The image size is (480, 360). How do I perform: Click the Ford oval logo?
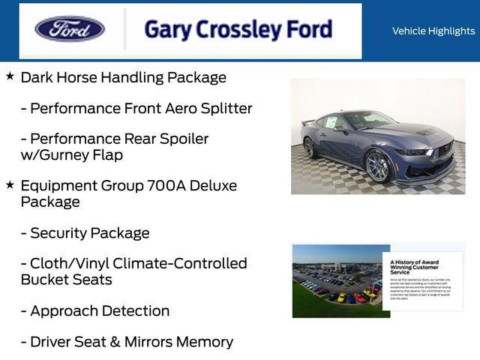click(70, 29)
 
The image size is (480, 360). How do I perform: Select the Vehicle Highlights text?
click(433, 31)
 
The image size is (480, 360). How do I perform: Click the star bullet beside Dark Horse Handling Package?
click(10, 76)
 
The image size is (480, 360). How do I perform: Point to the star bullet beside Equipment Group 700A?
click(10, 184)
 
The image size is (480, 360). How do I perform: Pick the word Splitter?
click(226, 108)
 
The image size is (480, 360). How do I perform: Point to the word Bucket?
click(44, 280)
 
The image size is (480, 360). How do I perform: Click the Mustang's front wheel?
click(378, 166)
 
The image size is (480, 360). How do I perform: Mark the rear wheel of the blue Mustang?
click(309, 148)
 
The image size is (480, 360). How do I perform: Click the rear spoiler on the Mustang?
click(307, 121)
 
